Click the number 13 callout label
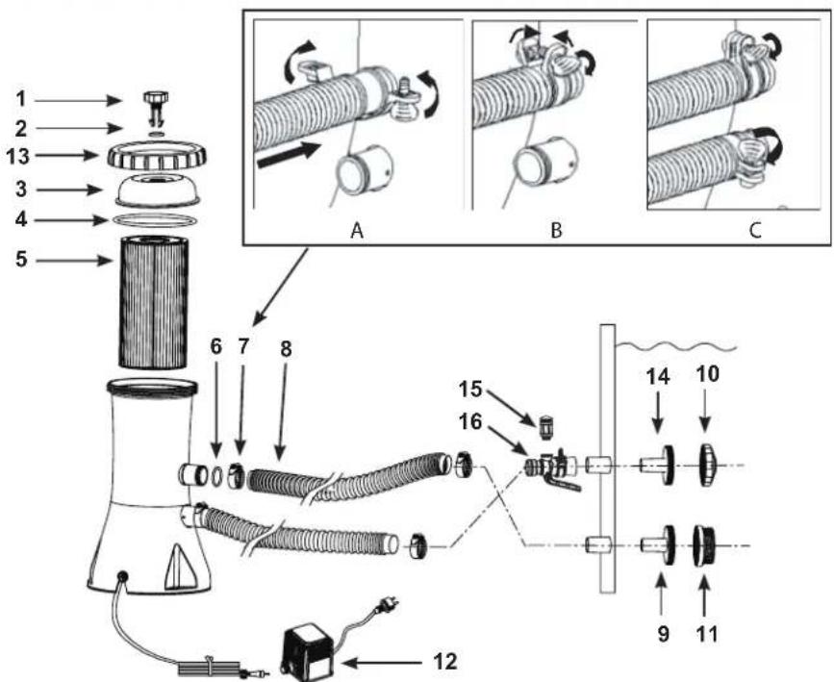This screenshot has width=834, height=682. [17, 157]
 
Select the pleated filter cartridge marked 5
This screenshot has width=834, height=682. [153, 302]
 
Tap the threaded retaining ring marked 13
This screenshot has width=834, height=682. [157, 155]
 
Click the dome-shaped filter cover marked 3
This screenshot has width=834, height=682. [158, 189]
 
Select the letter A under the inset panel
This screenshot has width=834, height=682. [358, 231]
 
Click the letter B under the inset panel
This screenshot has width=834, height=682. [556, 231]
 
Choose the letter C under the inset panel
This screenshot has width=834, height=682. [755, 231]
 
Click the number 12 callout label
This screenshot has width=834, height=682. [444, 661]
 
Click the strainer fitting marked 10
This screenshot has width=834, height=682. [708, 466]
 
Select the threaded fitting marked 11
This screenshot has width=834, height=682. [705, 545]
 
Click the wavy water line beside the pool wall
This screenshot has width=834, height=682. [676, 347]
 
